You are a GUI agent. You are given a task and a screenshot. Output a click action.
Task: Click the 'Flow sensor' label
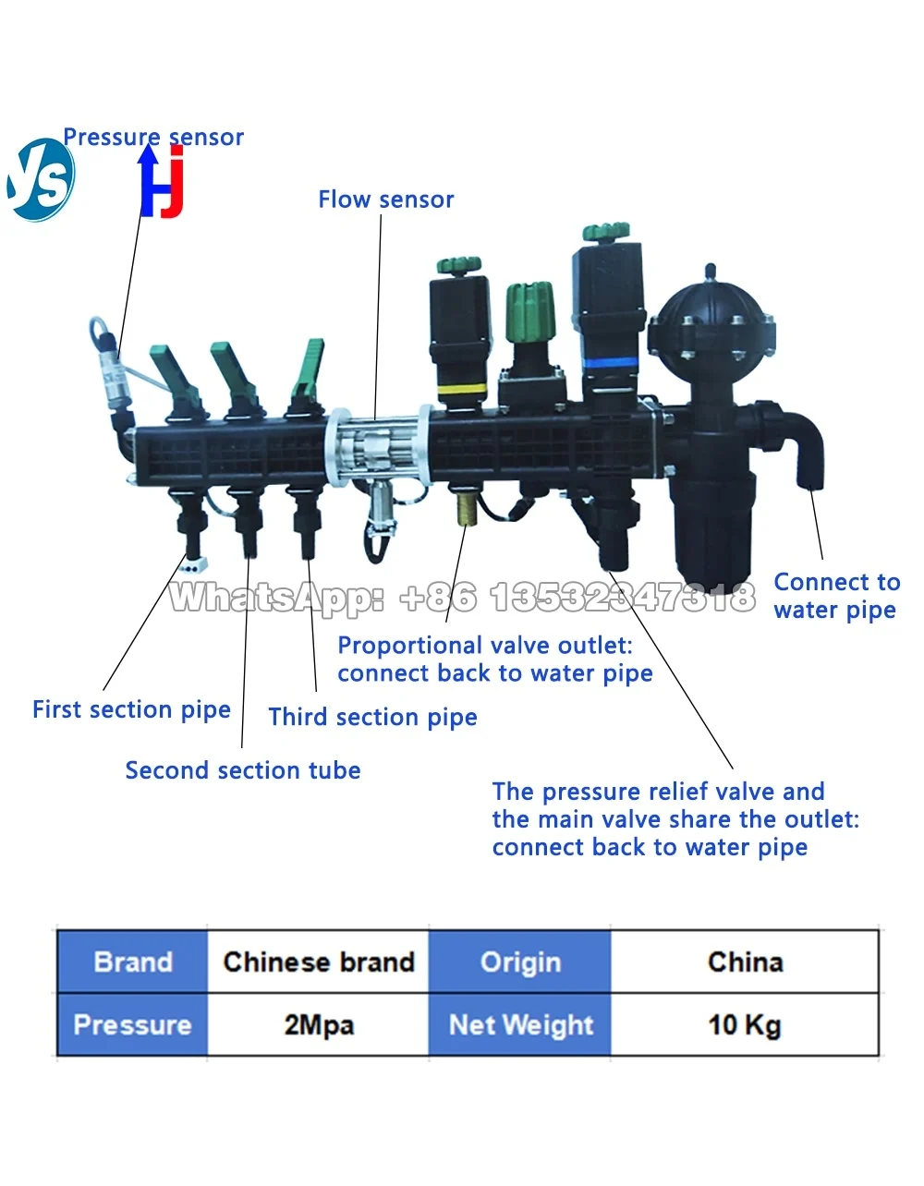(x=386, y=200)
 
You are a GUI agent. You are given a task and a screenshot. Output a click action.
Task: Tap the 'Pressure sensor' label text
(x=153, y=137)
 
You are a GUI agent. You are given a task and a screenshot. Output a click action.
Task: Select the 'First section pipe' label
(x=131, y=710)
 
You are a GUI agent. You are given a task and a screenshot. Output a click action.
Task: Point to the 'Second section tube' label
(x=243, y=770)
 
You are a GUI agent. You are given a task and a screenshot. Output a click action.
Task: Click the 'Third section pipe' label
(x=372, y=717)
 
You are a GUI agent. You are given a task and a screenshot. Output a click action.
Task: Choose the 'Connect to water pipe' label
(x=836, y=596)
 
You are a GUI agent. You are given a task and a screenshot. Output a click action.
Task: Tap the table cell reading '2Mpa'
(x=319, y=1025)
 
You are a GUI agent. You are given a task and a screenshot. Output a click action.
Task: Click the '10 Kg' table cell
(x=745, y=1025)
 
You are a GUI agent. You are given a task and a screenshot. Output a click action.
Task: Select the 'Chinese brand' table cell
(x=319, y=962)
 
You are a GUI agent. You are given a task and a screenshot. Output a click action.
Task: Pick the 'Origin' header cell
(x=520, y=962)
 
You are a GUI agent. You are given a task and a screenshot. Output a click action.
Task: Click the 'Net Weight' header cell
(x=520, y=1025)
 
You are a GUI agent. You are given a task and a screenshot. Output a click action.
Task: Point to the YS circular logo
(x=40, y=180)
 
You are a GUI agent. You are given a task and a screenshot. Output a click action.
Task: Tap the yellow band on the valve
(x=463, y=389)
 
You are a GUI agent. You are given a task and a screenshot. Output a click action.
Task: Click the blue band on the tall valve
(x=610, y=363)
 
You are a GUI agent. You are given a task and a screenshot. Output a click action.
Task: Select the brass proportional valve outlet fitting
(x=467, y=509)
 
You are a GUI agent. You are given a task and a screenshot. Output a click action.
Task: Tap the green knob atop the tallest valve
(x=606, y=232)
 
